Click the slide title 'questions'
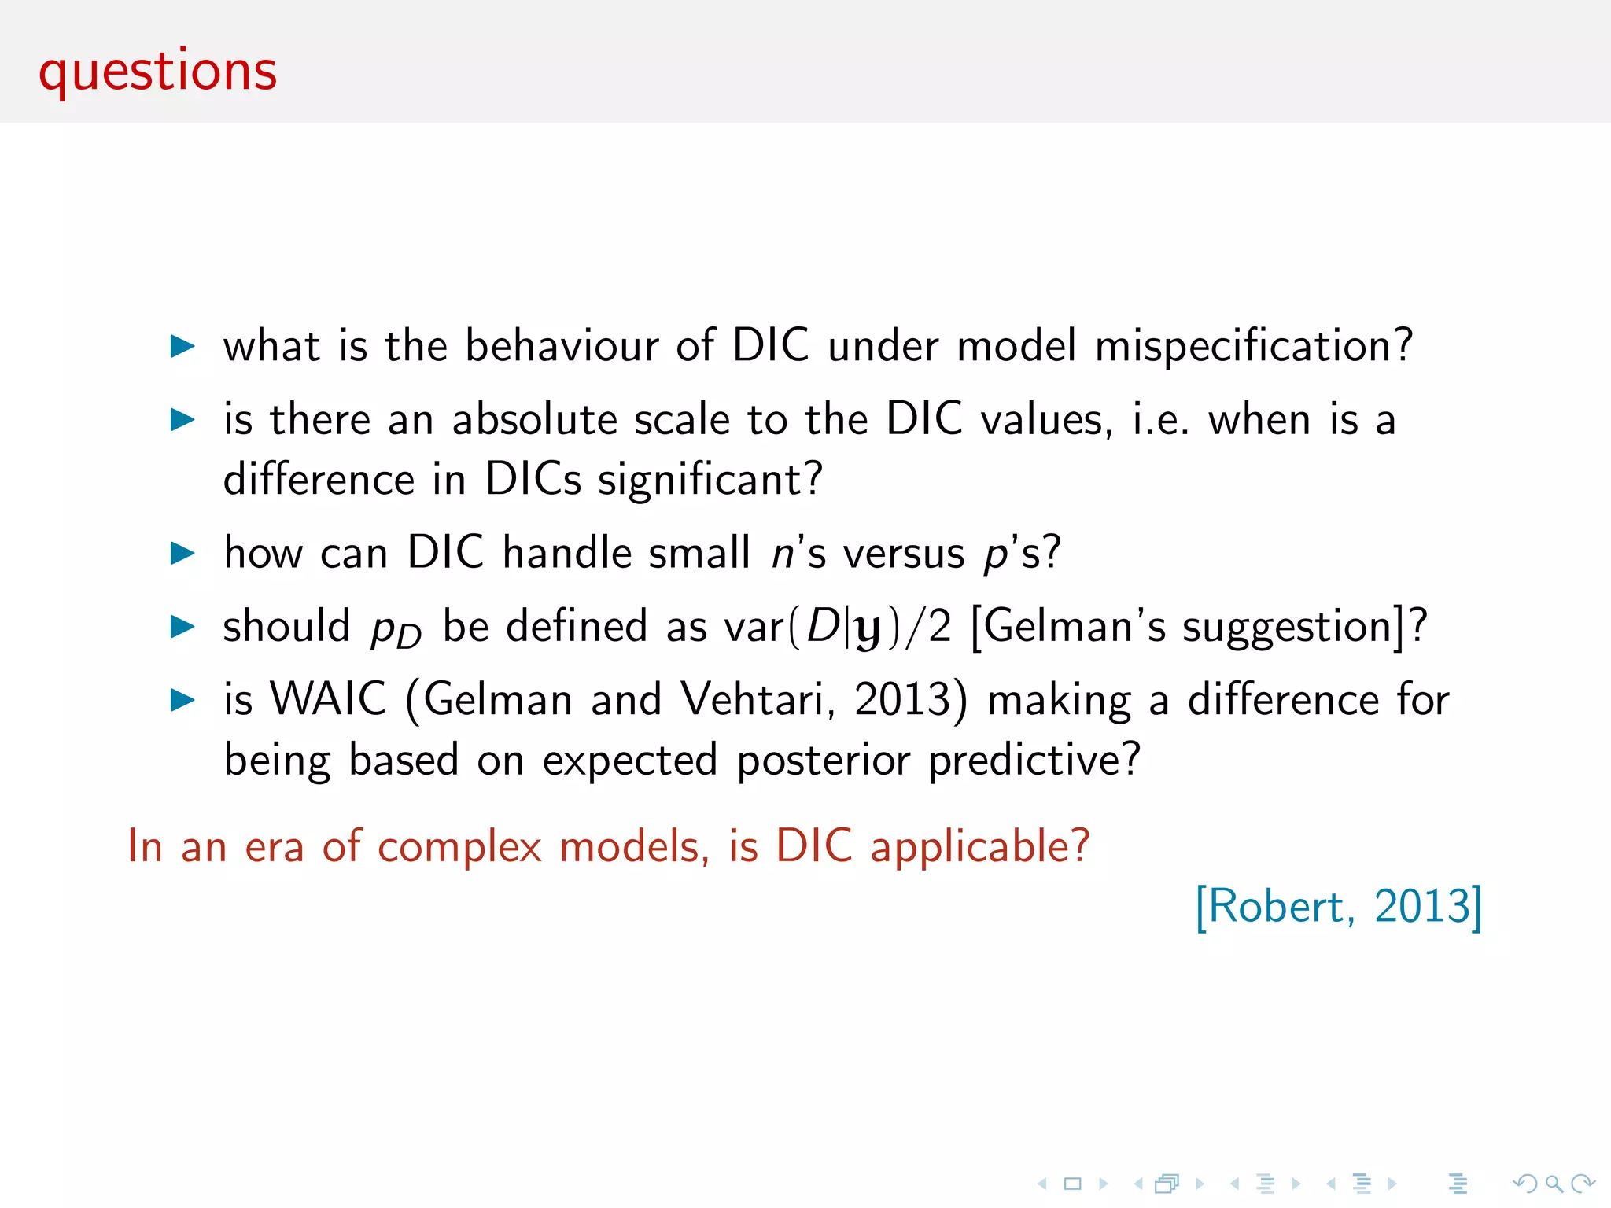(x=157, y=72)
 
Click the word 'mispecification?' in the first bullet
(x=1254, y=347)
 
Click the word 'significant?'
(x=710, y=480)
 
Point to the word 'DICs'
(x=533, y=480)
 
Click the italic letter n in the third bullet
(x=783, y=554)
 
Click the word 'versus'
(x=904, y=554)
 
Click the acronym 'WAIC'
(x=329, y=699)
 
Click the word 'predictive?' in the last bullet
(x=1034, y=761)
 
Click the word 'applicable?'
(x=979, y=847)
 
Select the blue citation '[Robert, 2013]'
(x=1338, y=907)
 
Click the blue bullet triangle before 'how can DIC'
(x=182, y=554)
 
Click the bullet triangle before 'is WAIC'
(x=182, y=700)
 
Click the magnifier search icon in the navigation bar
(x=1554, y=1184)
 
